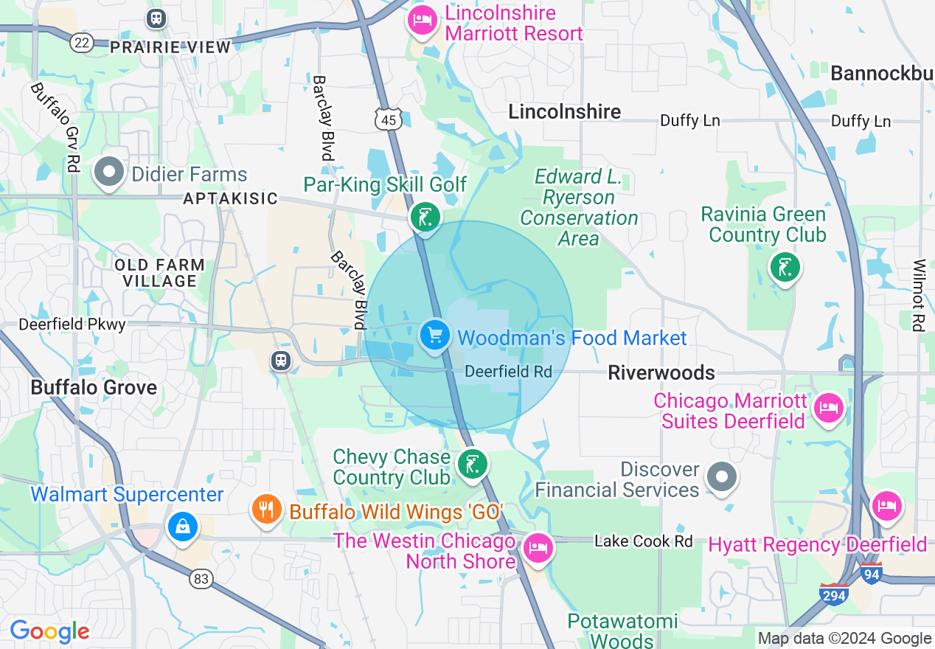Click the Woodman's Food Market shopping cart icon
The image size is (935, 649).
[x=435, y=336]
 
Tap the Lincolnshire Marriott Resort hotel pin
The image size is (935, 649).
[x=422, y=19]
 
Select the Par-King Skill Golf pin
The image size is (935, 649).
[x=425, y=218]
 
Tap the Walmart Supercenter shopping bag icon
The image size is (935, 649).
[x=181, y=527]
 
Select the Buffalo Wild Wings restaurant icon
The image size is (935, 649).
[x=266, y=509]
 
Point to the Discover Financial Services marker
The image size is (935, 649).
[x=722, y=476]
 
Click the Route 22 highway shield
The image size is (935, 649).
[x=82, y=43]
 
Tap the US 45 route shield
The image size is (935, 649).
[x=388, y=119]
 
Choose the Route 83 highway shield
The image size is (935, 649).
[x=201, y=579]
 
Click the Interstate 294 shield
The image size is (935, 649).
[x=833, y=594]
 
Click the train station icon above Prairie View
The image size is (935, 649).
[x=156, y=18]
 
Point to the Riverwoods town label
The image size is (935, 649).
[x=661, y=372]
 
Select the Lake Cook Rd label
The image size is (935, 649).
[x=643, y=541]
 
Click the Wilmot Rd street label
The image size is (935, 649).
[x=918, y=295]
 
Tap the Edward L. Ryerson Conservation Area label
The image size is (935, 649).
[x=579, y=208]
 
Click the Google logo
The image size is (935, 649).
[x=49, y=632]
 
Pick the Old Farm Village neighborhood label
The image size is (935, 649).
[x=160, y=273]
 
